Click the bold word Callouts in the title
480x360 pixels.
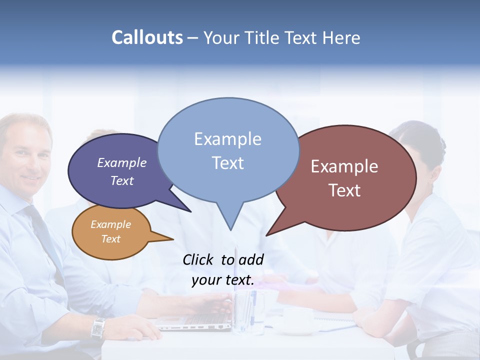(x=147, y=37)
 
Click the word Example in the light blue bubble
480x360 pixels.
(x=227, y=139)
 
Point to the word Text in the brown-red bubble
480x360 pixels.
(x=344, y=190)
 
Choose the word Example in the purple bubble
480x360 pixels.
(x=121, y=162)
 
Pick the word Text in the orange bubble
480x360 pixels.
(x=111, y=239)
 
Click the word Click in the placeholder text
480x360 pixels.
(x=199, y=259)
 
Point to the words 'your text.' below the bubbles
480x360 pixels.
(x=223, y=280)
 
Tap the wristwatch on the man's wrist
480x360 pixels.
(x=97, y=328)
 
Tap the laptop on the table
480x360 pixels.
(x=197, y=317)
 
